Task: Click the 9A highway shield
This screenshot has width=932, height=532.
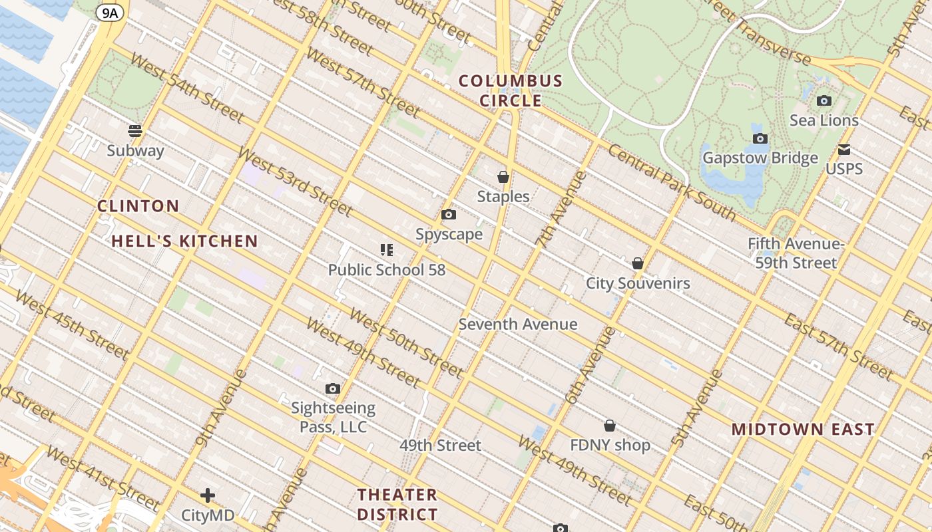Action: (x=110, y=12)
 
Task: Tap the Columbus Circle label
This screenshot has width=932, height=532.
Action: (x=511, y=91)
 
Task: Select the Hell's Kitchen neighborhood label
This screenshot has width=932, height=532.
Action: (x=184, y=241)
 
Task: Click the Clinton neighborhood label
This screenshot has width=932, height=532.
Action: (x=138, y=205)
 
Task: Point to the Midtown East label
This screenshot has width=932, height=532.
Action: (x=803, y=429)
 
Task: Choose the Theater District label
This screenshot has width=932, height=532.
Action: (x=397, y=504)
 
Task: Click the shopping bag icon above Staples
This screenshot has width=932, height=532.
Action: (x=503, y=177)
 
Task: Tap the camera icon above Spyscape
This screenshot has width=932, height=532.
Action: (x=449, y=215)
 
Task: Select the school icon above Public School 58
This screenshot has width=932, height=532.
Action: (x=387, y=250)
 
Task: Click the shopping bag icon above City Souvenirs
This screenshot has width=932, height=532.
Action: (x=638, y=263)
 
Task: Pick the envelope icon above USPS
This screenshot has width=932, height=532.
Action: (x=844, y=149)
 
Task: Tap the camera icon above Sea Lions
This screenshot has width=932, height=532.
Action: (x=824, y=101)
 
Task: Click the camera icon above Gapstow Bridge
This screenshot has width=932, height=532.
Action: (x=760, y=138)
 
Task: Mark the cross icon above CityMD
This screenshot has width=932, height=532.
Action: (x=208, y=495)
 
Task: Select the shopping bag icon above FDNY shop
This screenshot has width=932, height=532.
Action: (x=610, y=426)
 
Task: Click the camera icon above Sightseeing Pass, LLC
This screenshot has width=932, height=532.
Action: (x=333, y=388)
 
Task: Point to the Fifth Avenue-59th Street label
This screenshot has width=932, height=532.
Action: (x=796, y=253)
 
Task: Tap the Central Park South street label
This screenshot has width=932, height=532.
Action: (x=672, y=182)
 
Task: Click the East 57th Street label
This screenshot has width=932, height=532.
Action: (x=839, y=347)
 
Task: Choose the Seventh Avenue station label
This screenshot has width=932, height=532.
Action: (x=518, y=324)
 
